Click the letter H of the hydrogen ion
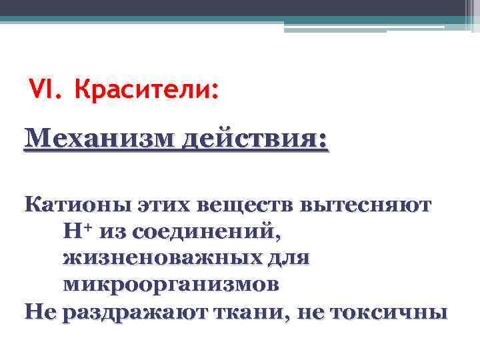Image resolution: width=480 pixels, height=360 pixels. [x=72, y=231]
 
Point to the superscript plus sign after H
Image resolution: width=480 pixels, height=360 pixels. [x=87, y=227]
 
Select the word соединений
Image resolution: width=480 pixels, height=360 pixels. [x=207, y=231]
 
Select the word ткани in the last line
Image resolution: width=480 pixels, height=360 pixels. [x=237, y=311]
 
